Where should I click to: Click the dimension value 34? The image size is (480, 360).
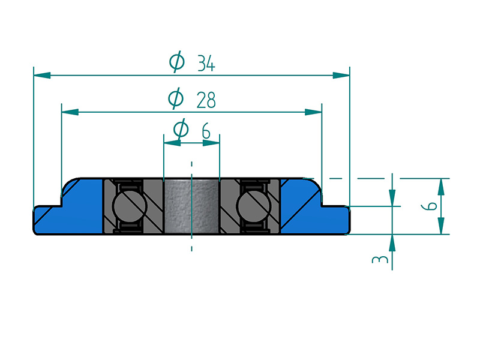[x=206, y=63]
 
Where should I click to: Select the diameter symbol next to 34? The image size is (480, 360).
[x=176, y=62]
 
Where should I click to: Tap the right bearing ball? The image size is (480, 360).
[x=251, y=206]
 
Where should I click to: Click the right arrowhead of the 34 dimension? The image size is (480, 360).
[x=341, y=75]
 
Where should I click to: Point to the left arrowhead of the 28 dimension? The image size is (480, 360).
[x=70, y=112]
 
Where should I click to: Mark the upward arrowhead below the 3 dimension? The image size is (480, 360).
[x=392, y=241]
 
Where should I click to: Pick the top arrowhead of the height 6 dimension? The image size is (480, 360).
[x=441, y=186]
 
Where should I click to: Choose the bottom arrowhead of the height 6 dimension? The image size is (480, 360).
[x=441, y=226]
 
